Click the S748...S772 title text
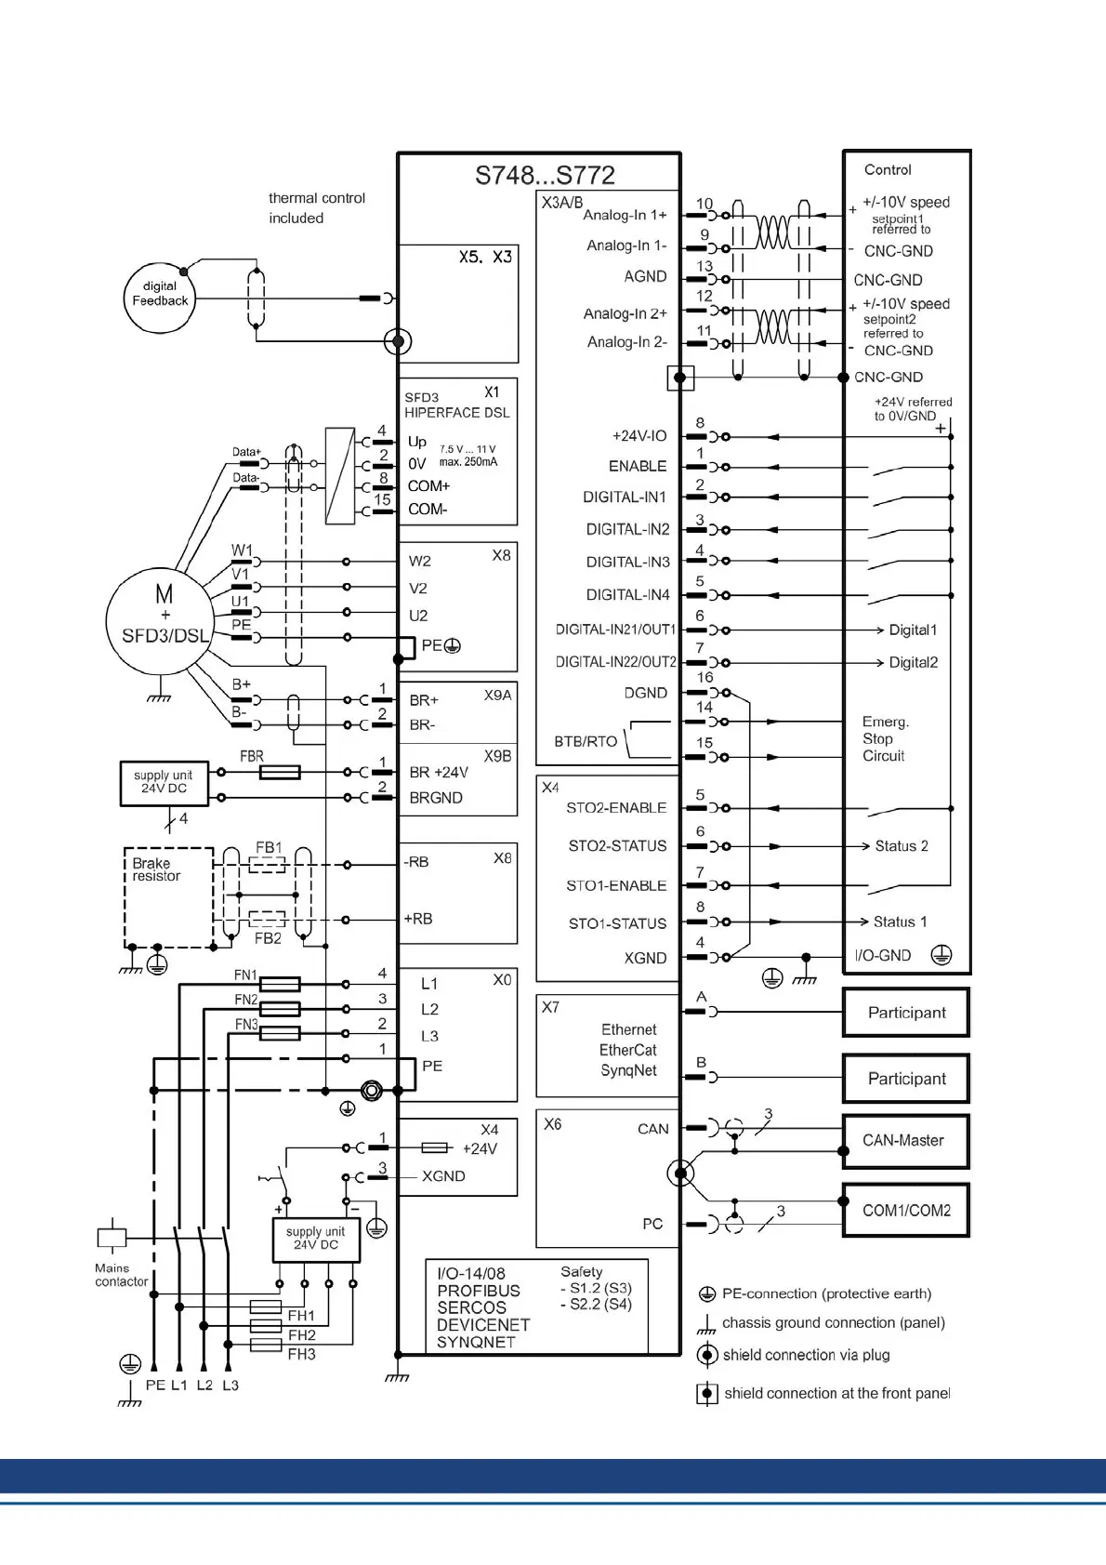[545, 175]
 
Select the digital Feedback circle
[160, 296]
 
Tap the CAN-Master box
[905, 1141]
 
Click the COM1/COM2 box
[905, 1210]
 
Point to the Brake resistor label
[156, 869]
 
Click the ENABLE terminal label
[638, 466]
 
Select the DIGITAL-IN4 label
[627, 594]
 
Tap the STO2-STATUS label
[617, 845]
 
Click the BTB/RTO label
[586, 741]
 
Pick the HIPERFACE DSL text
[456, 413]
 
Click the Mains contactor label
[121, 1275]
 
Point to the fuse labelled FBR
[279, 772]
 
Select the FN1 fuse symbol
[279, 983]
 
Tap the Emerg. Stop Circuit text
[885, 738]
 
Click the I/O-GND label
[882, 955]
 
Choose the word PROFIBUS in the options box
[479, 1291]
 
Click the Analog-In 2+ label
[625, 313]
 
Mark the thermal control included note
[316, 207]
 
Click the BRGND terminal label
[436, 798]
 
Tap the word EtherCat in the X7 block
[627, 1050]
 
